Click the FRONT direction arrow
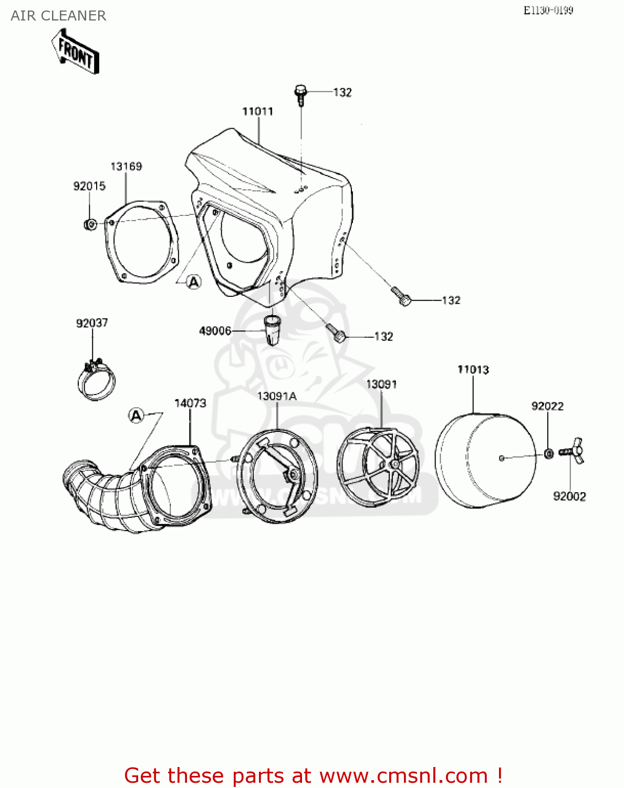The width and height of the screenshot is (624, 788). pos(76,51)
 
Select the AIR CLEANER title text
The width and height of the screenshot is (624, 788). pos(58,16)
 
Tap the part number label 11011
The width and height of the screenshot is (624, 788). pos(257,111)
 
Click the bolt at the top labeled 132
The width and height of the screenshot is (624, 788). pos(300,95)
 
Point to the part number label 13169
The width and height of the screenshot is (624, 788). pos(126,167)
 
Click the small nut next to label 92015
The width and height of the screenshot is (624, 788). pos(90,225)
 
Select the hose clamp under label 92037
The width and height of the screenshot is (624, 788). pos(96,379)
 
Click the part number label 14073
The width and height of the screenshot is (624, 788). pos(190,403)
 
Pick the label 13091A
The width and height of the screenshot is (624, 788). pos(277,396)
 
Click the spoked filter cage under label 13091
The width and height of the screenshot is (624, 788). pos(378,466)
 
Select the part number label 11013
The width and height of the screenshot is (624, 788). pos(473,370)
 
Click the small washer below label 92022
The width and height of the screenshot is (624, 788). pos(548,453)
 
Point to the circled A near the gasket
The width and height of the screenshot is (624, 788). pos(194,282)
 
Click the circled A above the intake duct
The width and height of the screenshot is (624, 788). pos(137,416)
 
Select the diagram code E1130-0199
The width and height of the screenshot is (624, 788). pos(548,11)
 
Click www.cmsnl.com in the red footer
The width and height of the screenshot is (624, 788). pos(403,775)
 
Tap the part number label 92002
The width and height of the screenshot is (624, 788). pos(569,496)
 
